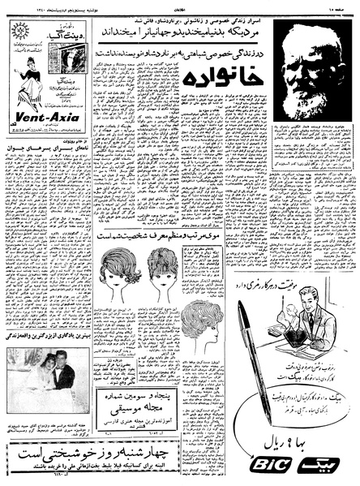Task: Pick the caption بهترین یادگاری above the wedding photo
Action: (48, 336)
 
